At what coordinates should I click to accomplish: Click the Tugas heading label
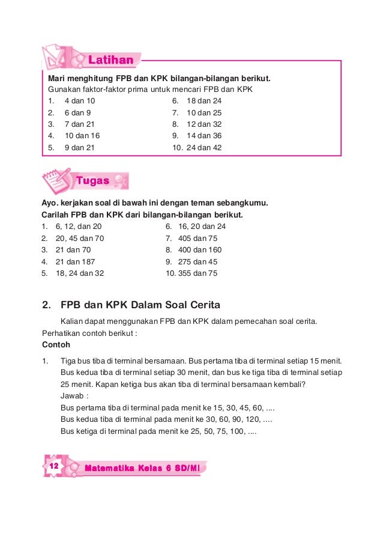pos(92,180)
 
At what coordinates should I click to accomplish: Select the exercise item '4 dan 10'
pos(79,101)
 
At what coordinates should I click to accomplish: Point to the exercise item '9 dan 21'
pos(79,147)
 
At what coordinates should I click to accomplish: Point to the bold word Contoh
pos(56,345)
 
